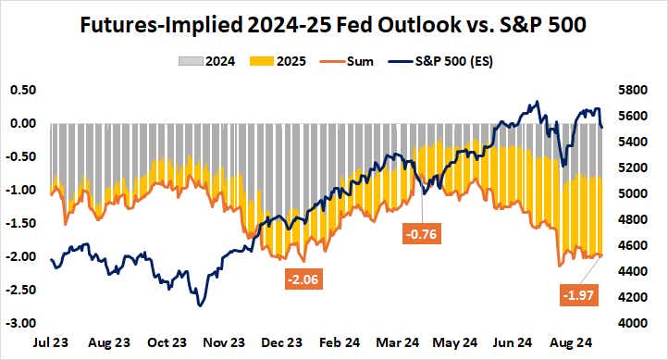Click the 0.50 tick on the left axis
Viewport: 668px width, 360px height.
(23, 90)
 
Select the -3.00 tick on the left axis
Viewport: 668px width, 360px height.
(21, 324)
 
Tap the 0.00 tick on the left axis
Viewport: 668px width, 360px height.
(23, 123)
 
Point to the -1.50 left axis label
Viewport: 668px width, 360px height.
(21, 223)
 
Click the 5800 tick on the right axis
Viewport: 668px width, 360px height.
(637, 90)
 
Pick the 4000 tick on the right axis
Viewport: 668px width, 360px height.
(637, 324)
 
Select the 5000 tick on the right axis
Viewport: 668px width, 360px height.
(637, 194)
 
